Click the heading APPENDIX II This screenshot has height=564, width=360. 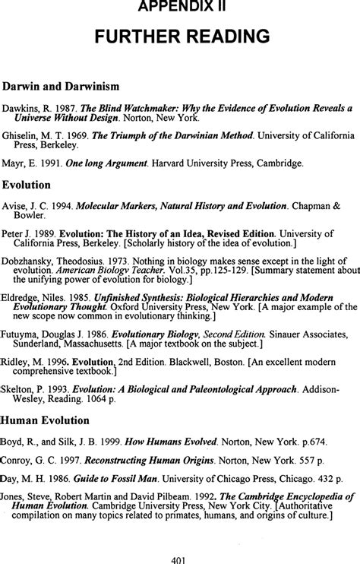click(180, 7)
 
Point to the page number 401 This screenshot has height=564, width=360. click(180, 558)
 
